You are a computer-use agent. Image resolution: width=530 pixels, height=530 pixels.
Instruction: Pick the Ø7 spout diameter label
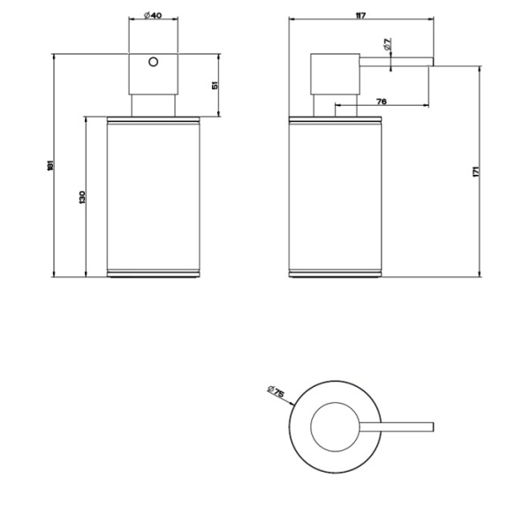click(x=389, y=44)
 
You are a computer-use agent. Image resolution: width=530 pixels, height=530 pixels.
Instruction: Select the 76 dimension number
click(x=381, y=102)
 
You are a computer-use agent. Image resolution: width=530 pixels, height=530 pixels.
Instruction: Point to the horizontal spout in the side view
click(x=397, y=61)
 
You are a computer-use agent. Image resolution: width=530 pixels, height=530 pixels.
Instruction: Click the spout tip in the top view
click(x=430, y=428)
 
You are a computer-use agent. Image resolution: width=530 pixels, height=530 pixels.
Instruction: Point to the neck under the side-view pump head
click(x=323, y=104)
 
